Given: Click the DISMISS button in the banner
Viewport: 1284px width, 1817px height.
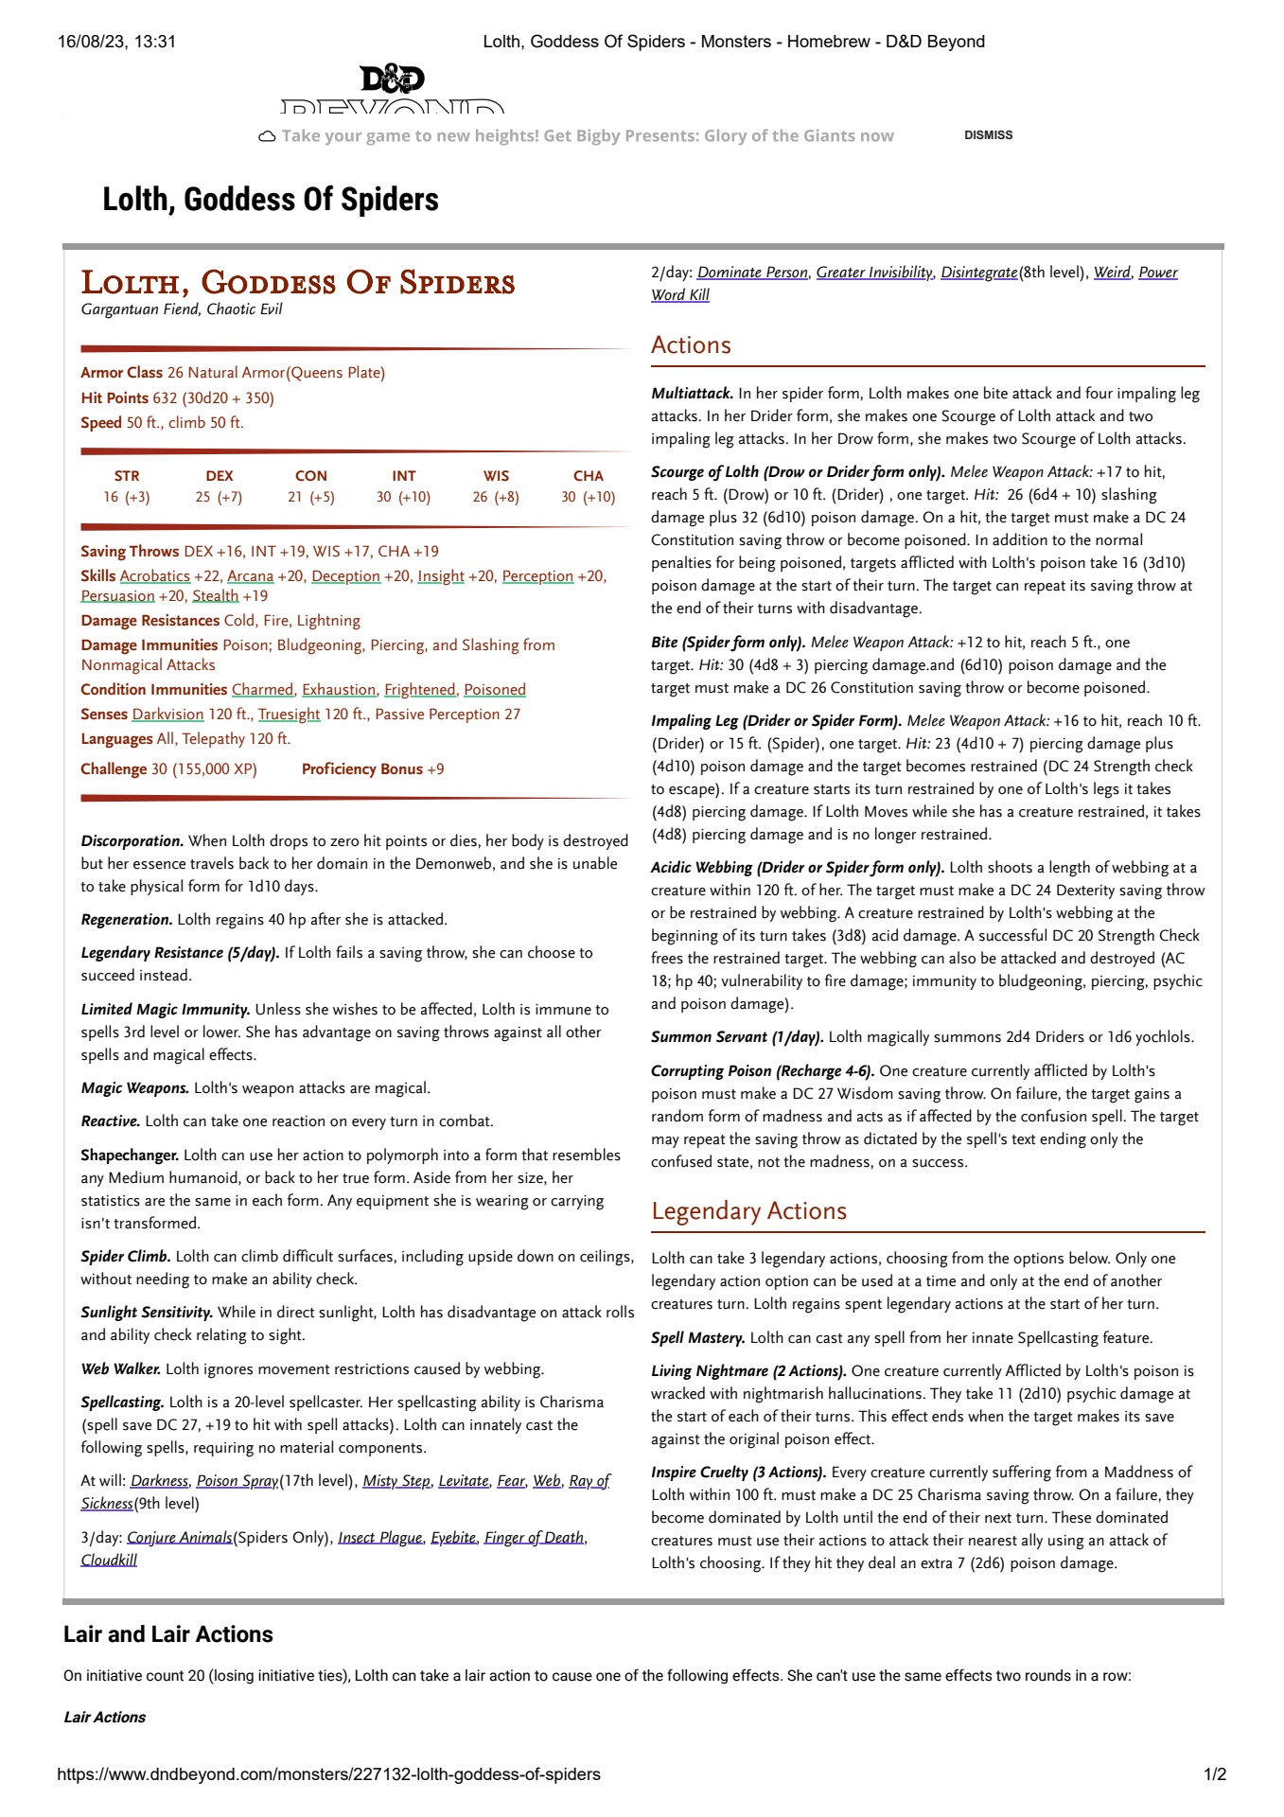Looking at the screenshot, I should (x=988, y=135).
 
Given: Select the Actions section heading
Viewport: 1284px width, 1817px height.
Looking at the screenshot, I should (x=691, y=345).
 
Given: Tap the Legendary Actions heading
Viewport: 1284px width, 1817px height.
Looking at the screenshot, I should (x=748, y=1211).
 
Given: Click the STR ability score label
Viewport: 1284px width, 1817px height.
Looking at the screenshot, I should (x=127, y=476).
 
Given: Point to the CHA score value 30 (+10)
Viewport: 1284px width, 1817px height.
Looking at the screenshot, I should (x=588, y=497).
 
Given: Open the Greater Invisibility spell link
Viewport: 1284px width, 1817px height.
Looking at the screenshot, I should (x=874, y=273).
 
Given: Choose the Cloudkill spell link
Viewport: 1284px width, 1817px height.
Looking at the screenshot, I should (x=109, y=1561).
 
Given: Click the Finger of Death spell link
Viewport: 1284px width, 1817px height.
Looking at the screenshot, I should (x=534, y=1538).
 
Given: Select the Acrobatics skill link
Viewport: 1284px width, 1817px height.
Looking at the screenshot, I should (x=155, y=576).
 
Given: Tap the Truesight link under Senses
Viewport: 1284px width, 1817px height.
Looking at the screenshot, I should (x=289, y=714).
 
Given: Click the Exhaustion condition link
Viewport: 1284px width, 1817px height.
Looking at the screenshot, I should (x=339, y=690).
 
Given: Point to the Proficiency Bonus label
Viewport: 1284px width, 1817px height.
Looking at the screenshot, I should (x=361, y=769).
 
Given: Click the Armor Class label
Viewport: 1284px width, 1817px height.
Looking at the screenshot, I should (x=121, y=373).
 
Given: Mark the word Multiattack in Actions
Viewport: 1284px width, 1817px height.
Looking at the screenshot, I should (x=692, y=394).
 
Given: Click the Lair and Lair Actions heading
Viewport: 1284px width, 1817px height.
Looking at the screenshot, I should (x=168, y=1634).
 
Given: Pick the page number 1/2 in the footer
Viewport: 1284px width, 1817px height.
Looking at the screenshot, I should (x=1214, y=1774).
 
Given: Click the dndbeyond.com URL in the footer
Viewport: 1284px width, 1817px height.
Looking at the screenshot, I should (x=328, y=1774).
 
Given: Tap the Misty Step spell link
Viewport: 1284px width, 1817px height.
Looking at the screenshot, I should (x=396, y=1481).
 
